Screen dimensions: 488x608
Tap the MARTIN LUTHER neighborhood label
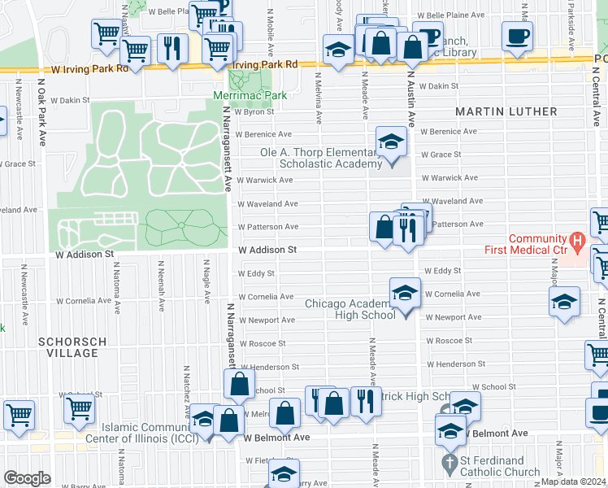tap(506, 111)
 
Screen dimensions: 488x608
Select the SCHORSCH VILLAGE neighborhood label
tap(72, 349)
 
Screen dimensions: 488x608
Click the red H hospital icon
tap(577, 240)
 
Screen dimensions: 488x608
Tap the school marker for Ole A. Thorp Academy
tap(391, 143)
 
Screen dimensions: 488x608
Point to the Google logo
tap(27, 477)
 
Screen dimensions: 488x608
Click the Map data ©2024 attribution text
tap(574, 481)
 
